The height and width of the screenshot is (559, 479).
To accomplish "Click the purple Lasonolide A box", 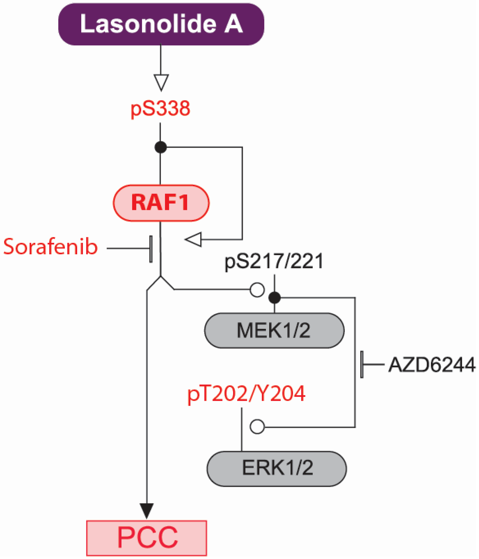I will click(161, 24).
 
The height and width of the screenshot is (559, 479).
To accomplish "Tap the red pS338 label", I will click(160, 108).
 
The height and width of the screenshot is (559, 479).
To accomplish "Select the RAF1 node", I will click(161, 203).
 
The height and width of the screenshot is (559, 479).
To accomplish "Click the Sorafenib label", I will click(50, 247).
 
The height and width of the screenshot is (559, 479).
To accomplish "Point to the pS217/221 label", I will click(274, 261).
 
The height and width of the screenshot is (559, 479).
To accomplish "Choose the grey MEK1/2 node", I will click(274, 330).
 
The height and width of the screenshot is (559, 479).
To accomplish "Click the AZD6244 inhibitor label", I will click(431, 365).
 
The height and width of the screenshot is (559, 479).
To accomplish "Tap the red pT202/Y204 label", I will click(246, 394).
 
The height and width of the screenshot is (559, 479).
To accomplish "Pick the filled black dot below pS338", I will click(161, 147).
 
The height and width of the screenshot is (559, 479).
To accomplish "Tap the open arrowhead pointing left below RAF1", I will click(194, 239).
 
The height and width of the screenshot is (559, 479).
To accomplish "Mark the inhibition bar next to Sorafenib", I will click(151, 249).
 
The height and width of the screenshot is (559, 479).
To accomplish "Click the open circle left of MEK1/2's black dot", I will click(257, 290).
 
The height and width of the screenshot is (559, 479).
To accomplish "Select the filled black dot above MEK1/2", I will click(275, 298).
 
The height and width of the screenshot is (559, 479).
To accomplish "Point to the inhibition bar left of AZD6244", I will click(362, 365).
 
